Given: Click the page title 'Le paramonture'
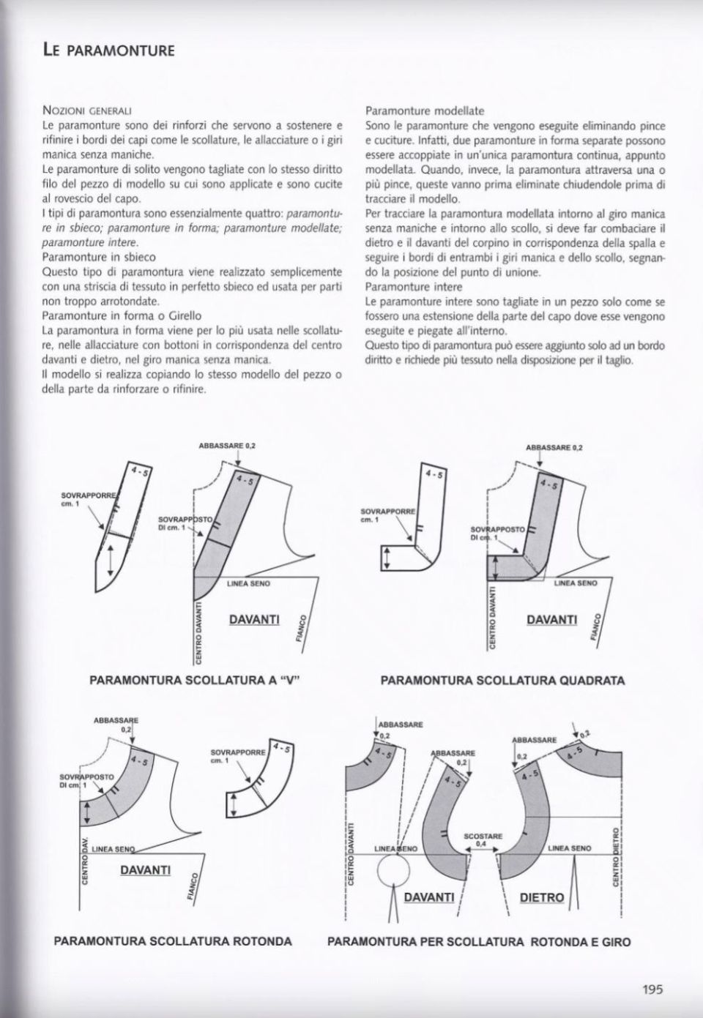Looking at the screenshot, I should [x=108, y=50].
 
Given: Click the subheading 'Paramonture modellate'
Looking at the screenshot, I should [x=425, y=111].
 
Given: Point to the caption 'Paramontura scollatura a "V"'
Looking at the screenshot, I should [x=196, y=680].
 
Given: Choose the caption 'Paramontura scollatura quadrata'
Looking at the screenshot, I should [x=502, y=680].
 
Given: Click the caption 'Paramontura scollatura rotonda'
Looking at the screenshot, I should [x=173, y=940].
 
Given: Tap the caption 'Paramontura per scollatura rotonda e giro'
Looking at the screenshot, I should [x=479, y=941].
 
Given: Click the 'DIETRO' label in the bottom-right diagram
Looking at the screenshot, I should [x=541, y=897].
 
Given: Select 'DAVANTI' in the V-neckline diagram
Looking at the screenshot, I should [x=254, y=619].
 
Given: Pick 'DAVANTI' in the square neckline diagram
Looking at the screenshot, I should [x=551, y=619].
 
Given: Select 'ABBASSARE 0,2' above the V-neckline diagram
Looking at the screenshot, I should [x=227, y=445].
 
